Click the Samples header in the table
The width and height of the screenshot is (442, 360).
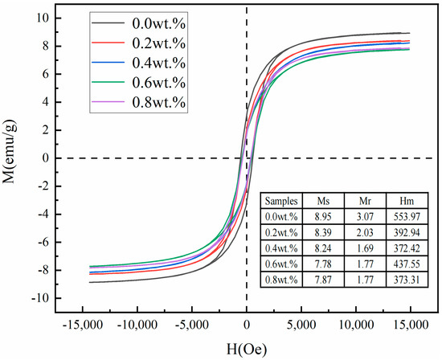tap(282, 202)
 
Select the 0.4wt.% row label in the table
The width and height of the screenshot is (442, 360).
tap(282, 247)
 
